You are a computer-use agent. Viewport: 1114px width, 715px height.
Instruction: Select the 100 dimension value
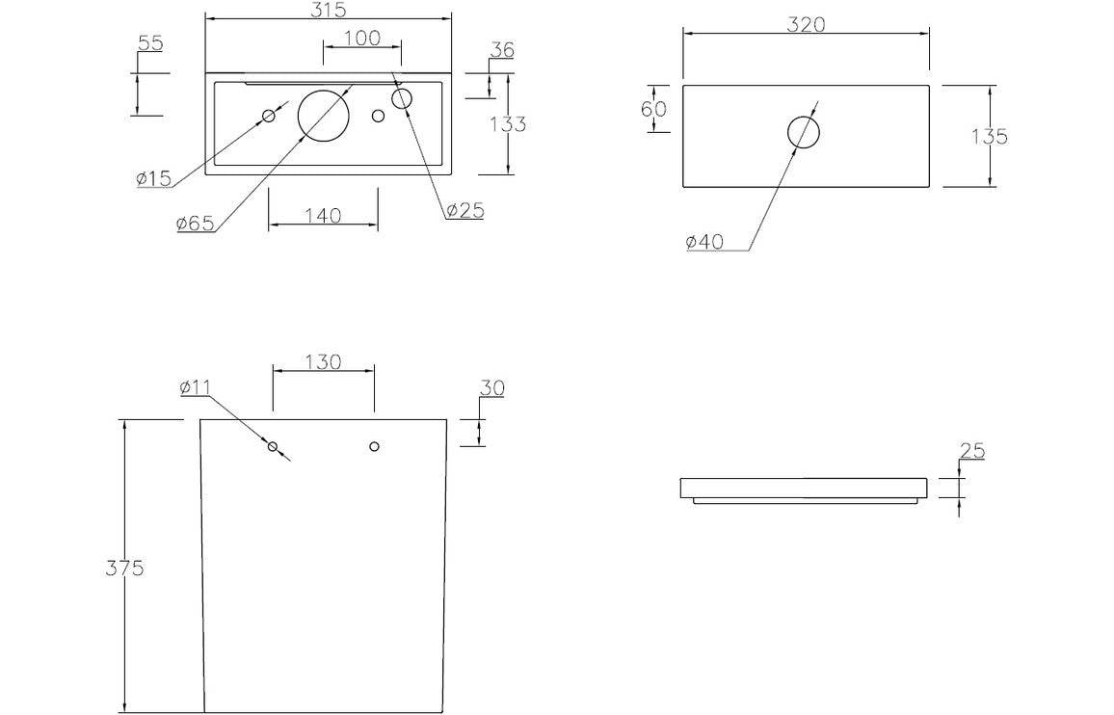[x=361, y=38]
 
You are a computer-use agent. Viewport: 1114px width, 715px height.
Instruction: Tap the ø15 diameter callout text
[x=153, y=177]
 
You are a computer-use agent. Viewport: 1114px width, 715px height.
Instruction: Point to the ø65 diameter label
[x=195, y=224]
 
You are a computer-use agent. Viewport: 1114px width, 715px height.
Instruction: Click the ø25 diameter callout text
[x=464, y=210]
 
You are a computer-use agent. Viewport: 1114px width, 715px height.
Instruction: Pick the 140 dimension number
[x=323, y=215]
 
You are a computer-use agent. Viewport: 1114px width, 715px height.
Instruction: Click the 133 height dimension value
[x=508, y=123]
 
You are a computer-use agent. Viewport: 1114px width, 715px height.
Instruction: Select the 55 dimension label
[x=150, y=42]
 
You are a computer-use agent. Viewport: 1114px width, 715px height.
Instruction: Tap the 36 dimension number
[x=501, y=49]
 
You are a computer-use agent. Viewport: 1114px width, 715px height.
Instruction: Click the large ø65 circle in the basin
[x=323, y=114]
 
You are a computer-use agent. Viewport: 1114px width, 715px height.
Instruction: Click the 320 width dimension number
[x=806, y=25]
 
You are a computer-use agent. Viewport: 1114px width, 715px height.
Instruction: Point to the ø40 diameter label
[x=704, y=242]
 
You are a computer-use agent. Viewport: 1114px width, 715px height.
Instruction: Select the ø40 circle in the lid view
[x=804, y=132]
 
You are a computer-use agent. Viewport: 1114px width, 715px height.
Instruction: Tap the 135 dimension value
[x=989, y=136]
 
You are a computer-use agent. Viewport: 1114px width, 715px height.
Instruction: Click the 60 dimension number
[x=653, y=108]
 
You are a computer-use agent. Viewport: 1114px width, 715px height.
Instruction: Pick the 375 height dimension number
[x=124, y=568]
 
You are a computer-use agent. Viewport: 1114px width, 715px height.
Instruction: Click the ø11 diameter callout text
[x=195, y=387]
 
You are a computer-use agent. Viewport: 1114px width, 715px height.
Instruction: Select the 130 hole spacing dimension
[x=323, y=361]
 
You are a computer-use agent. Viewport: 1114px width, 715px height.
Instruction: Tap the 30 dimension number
[x=491, y=387]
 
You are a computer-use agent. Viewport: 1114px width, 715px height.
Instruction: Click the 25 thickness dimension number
[x=971, y=450]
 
